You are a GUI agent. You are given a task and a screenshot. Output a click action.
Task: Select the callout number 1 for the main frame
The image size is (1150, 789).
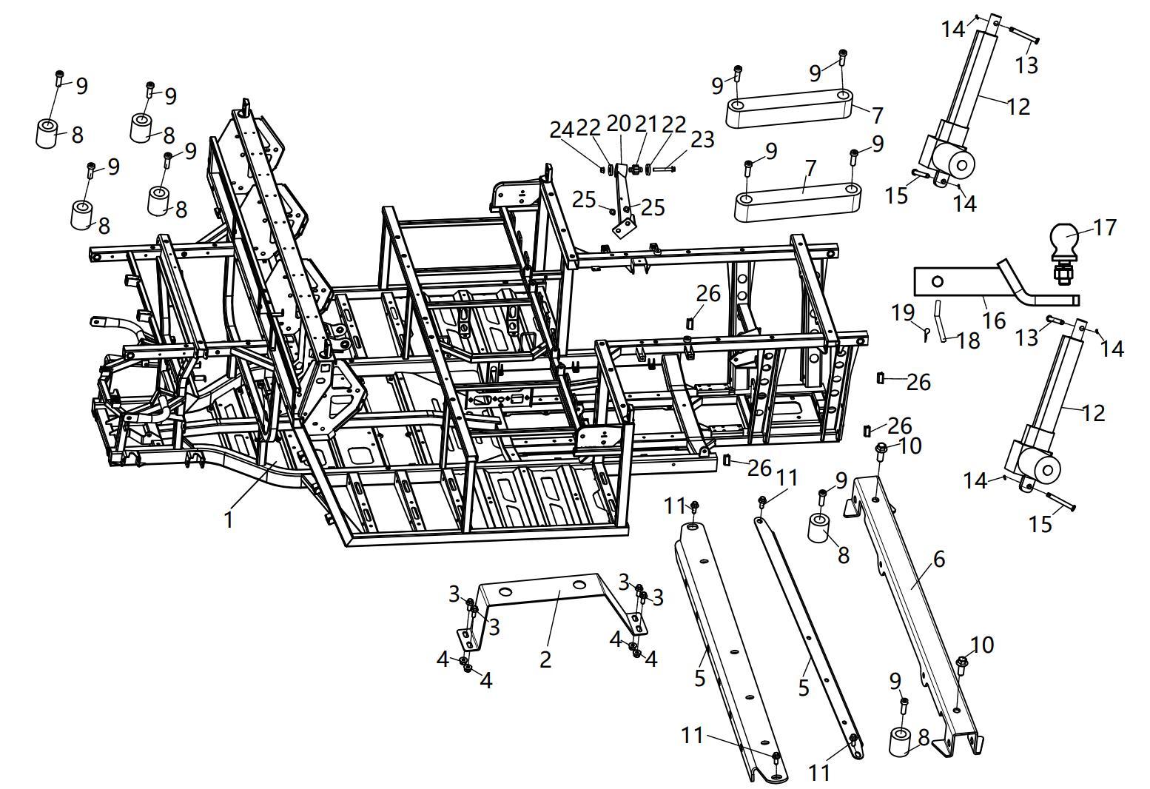click(x=229, y=520)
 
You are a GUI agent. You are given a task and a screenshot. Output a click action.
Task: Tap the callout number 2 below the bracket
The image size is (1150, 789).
click(x=545, y=659)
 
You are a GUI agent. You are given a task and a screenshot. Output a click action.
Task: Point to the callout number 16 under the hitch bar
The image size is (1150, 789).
click(x=994, y=320)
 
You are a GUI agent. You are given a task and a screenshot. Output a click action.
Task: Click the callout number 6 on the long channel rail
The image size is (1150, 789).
click(x=938, y=559)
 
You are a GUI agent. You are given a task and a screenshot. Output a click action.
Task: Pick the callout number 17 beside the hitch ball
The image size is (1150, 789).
click(x=1104, y=227)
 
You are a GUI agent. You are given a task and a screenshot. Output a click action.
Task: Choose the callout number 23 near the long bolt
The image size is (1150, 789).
click(x=702, y=138)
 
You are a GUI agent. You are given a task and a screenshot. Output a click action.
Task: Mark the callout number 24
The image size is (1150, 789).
click(x=562, y=130)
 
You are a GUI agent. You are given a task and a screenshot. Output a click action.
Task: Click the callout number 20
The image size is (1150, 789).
click(x=618, y=123)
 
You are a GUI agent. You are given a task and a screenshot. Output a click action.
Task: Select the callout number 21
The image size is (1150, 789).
click(x=646, y=124)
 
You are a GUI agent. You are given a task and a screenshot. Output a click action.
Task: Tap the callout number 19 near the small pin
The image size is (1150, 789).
click(x=902, y=312)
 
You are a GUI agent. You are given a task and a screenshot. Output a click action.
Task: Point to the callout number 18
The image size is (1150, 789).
click(x=968, y=340)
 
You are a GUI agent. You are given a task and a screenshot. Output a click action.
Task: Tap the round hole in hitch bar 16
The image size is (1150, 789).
click(x=938, y=281)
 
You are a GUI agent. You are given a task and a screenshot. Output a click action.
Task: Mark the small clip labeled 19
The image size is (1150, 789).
click(x=925, y=333)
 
